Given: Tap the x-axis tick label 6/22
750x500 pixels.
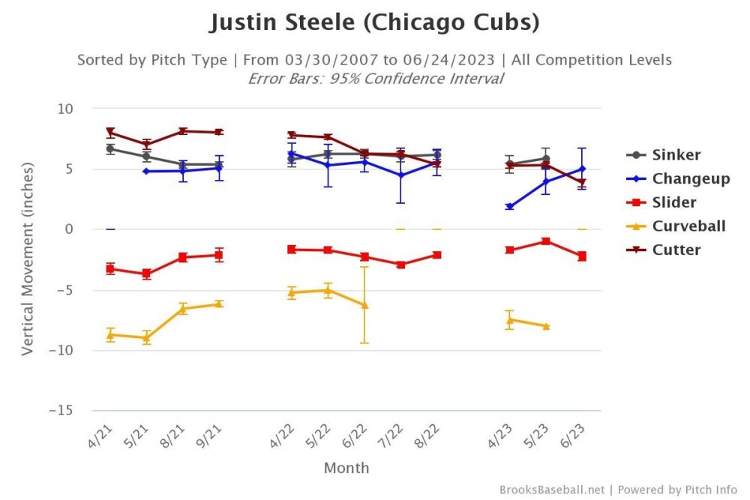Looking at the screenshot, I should click(359, 436).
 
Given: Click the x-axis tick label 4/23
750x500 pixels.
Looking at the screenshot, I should click(505, 436).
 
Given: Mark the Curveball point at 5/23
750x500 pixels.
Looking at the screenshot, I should click(546, 326).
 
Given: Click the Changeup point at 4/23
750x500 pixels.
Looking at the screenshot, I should click(510, 206).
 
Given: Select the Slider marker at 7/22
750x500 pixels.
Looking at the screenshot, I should click(400, 265).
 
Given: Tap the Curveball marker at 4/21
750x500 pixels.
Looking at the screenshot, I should click(110, 335).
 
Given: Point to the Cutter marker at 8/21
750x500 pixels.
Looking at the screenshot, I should click(183, 131).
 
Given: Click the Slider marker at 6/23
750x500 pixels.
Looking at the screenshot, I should click(582, 256).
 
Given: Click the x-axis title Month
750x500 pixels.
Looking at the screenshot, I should click(346, 468).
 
